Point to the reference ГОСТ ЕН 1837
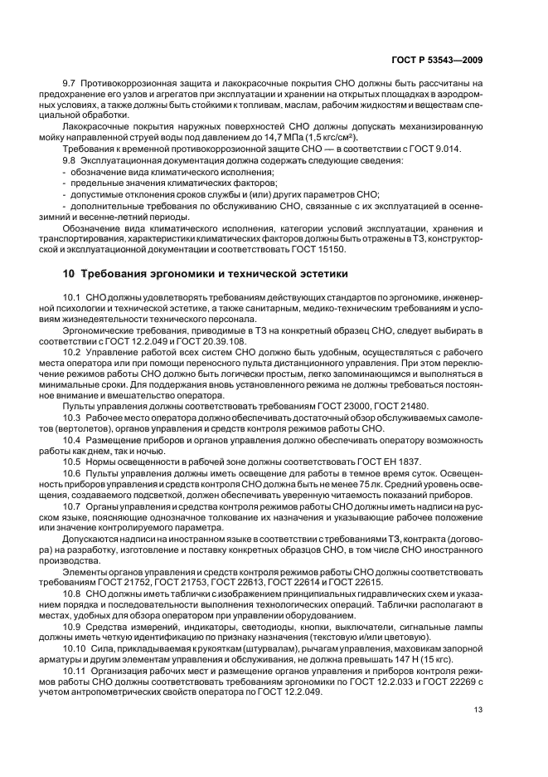pos(390,462)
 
